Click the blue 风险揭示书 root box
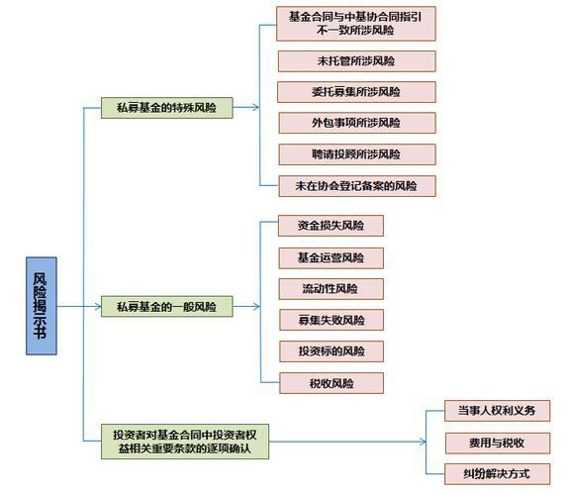pyautogui.click(x=42, y=306)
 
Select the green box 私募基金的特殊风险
pyautogui.click(x=166, y=108)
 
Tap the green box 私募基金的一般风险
pyautogui.click(x=166, y=307)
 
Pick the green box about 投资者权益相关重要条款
pyautogui.click(x=185, y=442)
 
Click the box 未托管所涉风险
pyautogui.click(x=356, y=61)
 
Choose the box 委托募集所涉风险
pyautogui.click(x=356, y=92)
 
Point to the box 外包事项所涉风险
pyautogui.click(x=357, y=123)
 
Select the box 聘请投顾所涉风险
pyautogui.click(x=357, y=154)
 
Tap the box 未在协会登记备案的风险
pyautogui.click(x=357, y=186)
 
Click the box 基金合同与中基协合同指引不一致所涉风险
pyautogui.click(x=356, y=24)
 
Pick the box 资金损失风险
pyautogui.click(x=331, y=226)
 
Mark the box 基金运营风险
pyautogui.click(x=331, y=258)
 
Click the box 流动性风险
pyautogui.click(x=331, y=289)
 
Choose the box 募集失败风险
pyautogui.click(x=331, y=320)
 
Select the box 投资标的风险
pyautogui.click(x=331, y=351)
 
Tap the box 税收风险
pyautogui.click(x=331, y=383)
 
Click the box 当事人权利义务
pyautogui.click(x=497, y=411)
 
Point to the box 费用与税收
pyautogui.click(x=498, y=443)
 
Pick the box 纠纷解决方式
pyautogui.click(x=497, y=474)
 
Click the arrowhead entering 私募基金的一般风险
pyautogui.click(x=98, y=307)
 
